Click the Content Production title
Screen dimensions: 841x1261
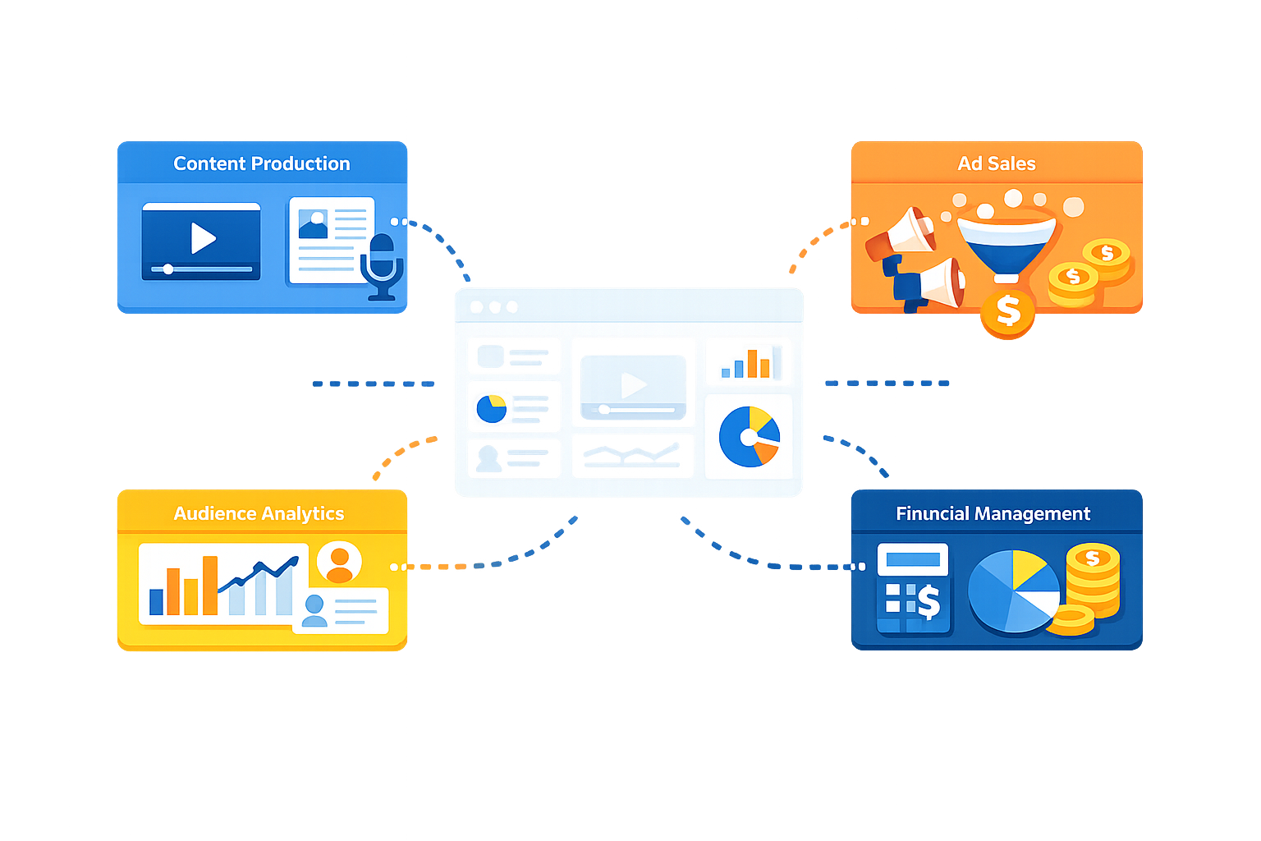click(x=261, y=163)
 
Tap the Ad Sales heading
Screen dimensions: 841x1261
click(x=996, y=163)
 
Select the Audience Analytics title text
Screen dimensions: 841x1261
click(x=259, y=513)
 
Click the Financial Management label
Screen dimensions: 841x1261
click(x=993, y=513)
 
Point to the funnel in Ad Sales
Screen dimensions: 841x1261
click(x=1007, y=243)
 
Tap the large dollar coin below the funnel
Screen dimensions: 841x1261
click(x=1008, y=312)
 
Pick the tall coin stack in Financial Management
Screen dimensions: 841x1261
click(x=1093, y=580)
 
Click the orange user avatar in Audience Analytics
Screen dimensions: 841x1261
click(x=339, y=562)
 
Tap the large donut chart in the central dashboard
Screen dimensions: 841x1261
click(x=749, y=437)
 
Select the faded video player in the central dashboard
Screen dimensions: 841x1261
click(x=632, y=387)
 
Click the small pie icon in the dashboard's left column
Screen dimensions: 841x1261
click(x=492, y=408)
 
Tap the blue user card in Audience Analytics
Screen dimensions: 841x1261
click(x=340, y=610)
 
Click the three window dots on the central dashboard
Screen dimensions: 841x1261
click(x=493, y=307)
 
